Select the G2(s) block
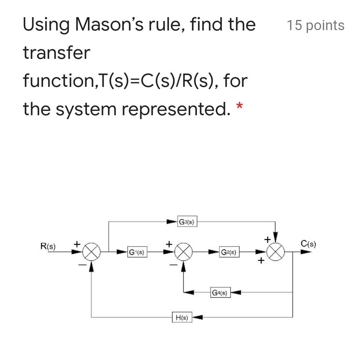coord(230,252)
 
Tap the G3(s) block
coord(188,222)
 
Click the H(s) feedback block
coord(182,318)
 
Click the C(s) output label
coord(308,244)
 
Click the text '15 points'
coord(315,26)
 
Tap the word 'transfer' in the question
coord(56,53)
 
